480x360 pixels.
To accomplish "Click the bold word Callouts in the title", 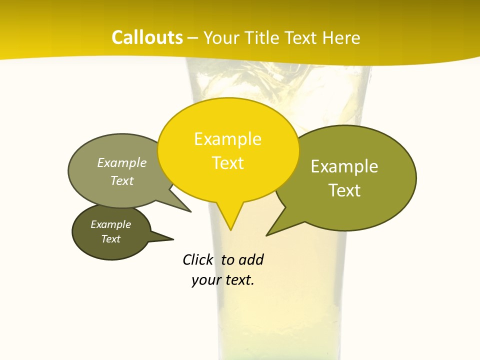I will [x=147, y=37].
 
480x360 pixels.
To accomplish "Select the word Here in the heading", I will [x=342, y=37].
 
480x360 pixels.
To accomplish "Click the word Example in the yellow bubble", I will [x=227, y=139].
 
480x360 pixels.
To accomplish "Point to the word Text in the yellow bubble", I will [x=227, y=163].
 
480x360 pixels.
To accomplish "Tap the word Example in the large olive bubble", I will [x=344, y=166].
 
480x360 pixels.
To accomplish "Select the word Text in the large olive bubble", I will [x=344, y=190].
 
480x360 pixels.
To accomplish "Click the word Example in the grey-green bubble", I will [x=122, y=162].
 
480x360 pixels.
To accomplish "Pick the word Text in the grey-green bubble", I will [x=122, y=180].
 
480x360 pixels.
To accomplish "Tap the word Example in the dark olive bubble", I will [x=110, y=224].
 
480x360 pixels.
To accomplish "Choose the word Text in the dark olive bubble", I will [x=110, y=239].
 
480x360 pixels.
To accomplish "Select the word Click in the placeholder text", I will [x=197, y=259].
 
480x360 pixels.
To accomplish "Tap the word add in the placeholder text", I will [x=251, y=259].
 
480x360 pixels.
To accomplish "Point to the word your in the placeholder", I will [x=205, y=280].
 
